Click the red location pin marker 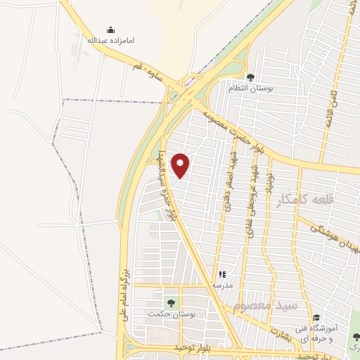click(181, 164)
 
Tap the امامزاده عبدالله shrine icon click(110, 30)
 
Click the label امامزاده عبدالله click(110, 40)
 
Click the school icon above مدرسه click(223, 275)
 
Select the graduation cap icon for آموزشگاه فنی click(316, 317)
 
